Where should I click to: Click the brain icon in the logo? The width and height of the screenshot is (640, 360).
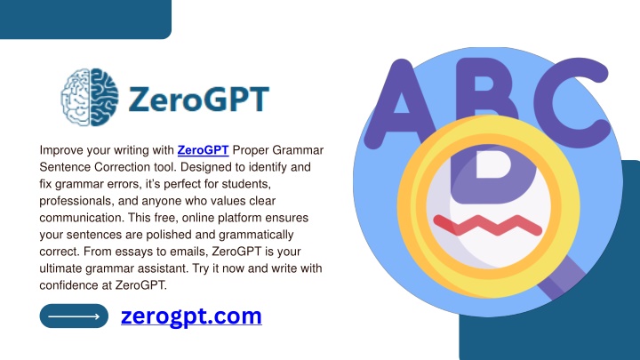[90, 97]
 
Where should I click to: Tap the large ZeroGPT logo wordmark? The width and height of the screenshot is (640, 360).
[199, 99]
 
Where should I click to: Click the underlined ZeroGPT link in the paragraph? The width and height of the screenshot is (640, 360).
[203, 150]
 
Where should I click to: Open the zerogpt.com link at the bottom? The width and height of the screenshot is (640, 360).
[191, 316]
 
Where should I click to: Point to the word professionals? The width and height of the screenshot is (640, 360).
[76, 201]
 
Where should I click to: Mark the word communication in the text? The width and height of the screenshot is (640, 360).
[81, 218]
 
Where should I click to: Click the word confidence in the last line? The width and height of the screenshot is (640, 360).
[69, 285]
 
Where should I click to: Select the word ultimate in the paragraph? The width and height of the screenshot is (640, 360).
[60, 268]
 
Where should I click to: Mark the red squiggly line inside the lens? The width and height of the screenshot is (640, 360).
[488, 225]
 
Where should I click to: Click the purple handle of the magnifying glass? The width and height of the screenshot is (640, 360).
[561, 278]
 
